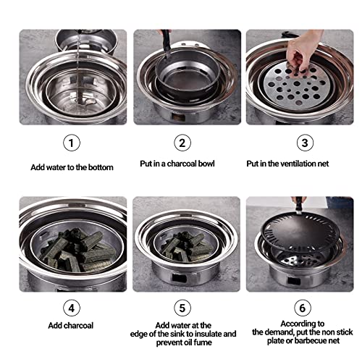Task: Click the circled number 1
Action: coord(70,143)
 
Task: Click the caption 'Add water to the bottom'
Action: coord(72,167)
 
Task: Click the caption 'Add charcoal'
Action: coord(71,326)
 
